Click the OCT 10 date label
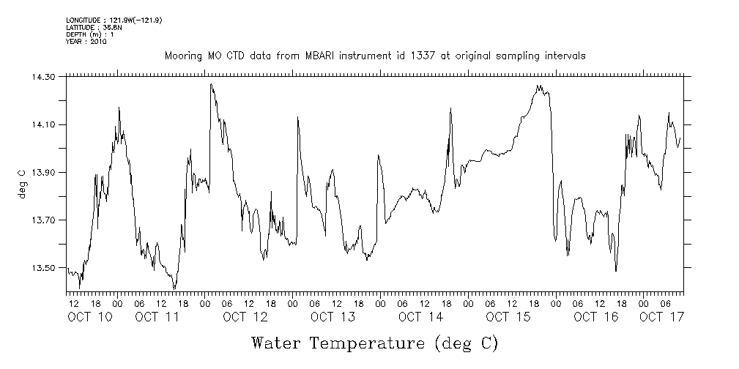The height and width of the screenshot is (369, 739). pyautogui.click(x=90, y=317)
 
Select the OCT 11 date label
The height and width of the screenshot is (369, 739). pyautogui.click(x=157, y=317)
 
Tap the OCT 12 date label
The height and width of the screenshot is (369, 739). pyautogui.click(x=245, y=317)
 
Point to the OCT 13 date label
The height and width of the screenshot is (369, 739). pyautogui.click(x=333, y=317)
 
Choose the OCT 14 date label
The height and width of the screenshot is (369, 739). pyautogui.click(x=420, y=317)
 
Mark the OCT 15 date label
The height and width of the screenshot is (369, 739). pyautogui.click(x=508, y=317)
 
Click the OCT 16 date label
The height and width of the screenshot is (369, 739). pyautogui.click(x=595, y=317)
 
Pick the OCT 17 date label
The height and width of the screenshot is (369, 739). pyautogui.click(x=661, y=317)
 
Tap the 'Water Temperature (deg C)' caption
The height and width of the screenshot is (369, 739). pyautogui.click(x=375, y=343)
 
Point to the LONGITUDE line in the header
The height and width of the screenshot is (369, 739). pyautogui.click(x=114, y=20)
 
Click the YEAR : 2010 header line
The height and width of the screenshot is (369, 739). pyautogui.click(x=86, y=42)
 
